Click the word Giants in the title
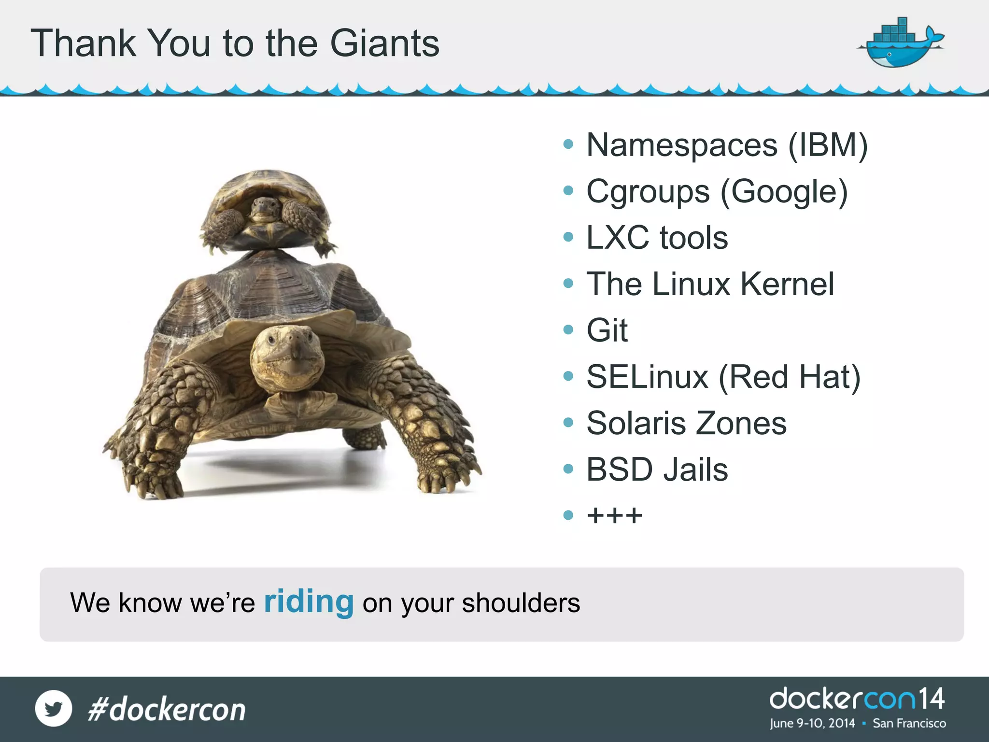(384, 43)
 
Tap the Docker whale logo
(900, 44)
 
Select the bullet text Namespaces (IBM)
(727, 145)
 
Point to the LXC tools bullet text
(657, 238)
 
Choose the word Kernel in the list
(787, 284)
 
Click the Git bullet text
(607, 330)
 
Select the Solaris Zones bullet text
(686, 423)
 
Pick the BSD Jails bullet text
(657, 470)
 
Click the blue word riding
(309, 602)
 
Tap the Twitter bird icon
(54, 709)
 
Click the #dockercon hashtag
(167, 710)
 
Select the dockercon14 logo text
(857, 699)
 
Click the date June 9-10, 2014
(812, 724)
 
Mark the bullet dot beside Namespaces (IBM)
(568, 144)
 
